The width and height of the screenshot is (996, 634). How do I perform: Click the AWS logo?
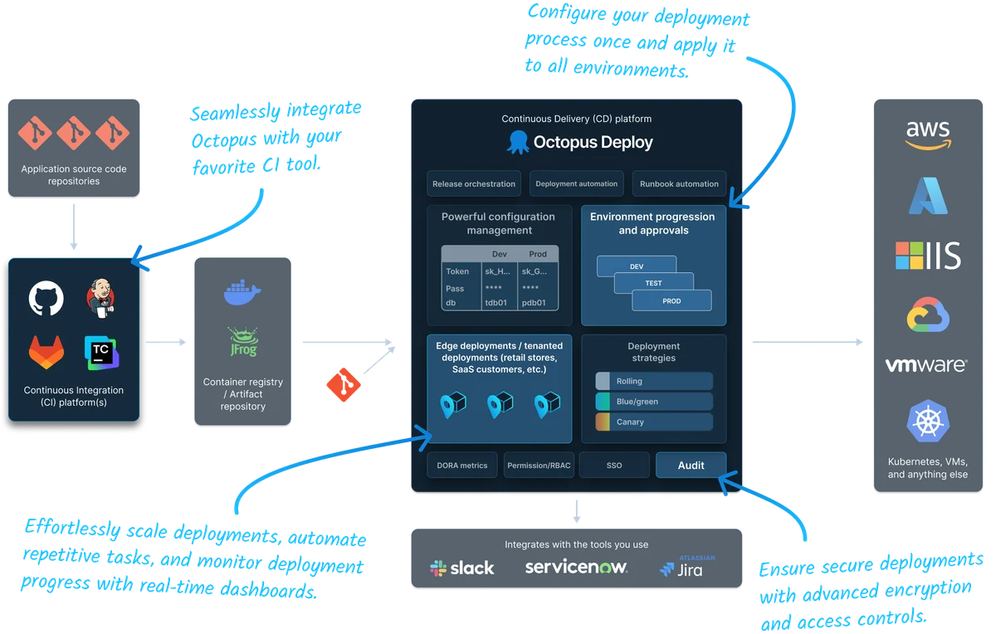pyautogui.click(x=928, y=135)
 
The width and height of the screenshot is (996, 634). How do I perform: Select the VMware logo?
pyautogui.click(x=926, y=365)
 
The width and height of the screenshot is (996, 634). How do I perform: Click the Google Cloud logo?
pyautogui.click(x=928, y=315)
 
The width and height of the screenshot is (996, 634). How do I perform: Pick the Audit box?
pyautogui.click(x=691, y=466)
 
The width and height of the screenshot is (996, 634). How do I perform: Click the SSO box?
pyautogui.click(x=614, y=466)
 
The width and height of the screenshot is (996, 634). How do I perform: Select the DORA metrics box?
pyautogui.click(x=462, y=466)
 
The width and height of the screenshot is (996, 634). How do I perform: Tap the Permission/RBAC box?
pyautogui.click(x=538, y=466)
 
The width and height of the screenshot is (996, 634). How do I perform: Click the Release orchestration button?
pyautogui.click(x=474, y=183)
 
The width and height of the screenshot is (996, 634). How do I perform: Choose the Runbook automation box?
pyautogui.click(x=679, y=183)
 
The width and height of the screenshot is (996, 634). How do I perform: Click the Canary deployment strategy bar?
pyautogui.click(x=654, y=422)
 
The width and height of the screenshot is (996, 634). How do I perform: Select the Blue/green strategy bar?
pyautogui.click(x=654, y=402)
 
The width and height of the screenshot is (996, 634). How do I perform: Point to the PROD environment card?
pyautogui.click(x=671, y=301)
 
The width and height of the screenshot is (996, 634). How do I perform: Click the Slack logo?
pyautogui.click(x=462, y=568)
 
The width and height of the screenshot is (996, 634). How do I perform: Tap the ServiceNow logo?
pyautogui.click(x=576, y=568)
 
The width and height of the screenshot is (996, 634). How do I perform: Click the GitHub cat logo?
pyautogui.click(x=46, y=300)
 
